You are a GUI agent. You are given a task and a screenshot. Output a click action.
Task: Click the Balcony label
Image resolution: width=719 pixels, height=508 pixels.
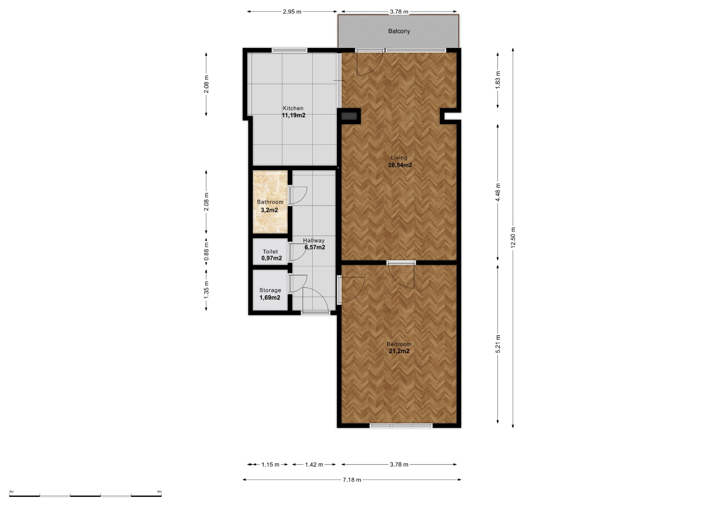pos(399,31)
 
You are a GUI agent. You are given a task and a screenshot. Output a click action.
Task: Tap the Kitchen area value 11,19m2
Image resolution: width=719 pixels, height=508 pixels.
pos(294,115)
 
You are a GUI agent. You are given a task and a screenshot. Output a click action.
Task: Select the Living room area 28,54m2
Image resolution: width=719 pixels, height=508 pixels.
pos(400,165)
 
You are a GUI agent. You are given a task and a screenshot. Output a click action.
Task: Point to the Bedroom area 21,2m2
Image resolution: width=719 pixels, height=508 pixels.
pos(399,351)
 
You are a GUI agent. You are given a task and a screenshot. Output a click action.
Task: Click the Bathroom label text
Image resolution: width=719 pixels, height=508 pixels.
pos(270,202)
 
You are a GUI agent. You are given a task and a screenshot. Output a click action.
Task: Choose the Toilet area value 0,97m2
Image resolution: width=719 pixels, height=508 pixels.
pos(271,258)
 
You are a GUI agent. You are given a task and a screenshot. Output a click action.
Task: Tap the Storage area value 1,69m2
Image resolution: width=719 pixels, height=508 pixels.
pos(270,298)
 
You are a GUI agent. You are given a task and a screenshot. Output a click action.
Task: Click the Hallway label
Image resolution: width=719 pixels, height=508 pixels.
pos(314,240)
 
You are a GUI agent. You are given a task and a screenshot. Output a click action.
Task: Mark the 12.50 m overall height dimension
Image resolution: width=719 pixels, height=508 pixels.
pos(513,238)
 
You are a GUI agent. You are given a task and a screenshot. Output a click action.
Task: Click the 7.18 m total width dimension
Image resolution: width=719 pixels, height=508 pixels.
pos(352,480)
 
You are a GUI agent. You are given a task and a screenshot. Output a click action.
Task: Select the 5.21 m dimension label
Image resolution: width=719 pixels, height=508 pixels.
pos(498,344)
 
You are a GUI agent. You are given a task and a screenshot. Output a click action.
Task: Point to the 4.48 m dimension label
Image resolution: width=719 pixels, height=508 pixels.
pos(498,192)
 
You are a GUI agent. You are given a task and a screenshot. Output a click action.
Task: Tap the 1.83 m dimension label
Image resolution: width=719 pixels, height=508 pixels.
pos(498,80)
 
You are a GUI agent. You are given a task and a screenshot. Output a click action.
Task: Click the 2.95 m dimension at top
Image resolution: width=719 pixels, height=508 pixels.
pos(292,12)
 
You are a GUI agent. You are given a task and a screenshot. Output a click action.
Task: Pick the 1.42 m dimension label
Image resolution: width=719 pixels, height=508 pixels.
pos(314,465)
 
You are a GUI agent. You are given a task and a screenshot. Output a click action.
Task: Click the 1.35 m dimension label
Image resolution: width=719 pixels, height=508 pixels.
pos(206,290)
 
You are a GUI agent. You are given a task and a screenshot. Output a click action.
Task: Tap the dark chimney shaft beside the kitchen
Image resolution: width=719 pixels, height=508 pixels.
pos(350,116)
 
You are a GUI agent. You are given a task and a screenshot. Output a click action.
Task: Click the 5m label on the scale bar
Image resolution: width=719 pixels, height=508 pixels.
pos(159,492)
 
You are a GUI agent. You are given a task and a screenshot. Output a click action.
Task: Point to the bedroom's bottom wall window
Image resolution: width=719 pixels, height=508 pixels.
pos(401,426)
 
